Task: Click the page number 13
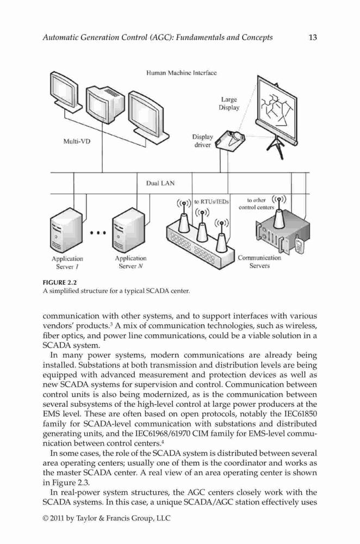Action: tap(313, 38)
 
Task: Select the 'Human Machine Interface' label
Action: tap(182, 73)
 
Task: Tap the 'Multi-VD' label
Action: tap(77, 141)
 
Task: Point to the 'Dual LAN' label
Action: tap(160, 183)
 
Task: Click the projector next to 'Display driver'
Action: tap(230, 140)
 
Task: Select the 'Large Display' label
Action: tap(229, 103)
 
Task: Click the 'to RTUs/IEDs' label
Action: tap(211, 201)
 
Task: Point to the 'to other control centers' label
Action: tap(257, 203)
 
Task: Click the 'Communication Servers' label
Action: tap(259, 262)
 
